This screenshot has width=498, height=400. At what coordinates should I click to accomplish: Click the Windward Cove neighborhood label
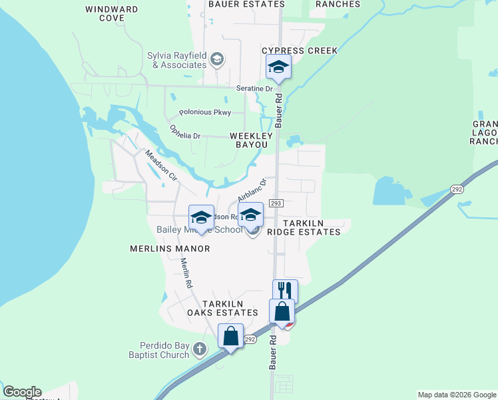click(x=112, y=14)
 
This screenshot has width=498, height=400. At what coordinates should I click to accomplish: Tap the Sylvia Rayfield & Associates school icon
click(x=216, y=60)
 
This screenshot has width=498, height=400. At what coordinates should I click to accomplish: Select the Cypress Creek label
click(x=300, y=51)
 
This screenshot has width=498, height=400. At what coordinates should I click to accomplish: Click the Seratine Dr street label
click(x=254, y=89)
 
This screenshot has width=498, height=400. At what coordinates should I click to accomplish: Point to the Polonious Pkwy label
click(x=204, y=113)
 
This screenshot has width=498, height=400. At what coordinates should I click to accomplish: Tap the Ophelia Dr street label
click(x=184, y=132)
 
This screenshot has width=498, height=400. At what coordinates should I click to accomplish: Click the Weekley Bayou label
click(x=248, y=140)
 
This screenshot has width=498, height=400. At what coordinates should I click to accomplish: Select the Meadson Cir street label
click(x=160, y=166)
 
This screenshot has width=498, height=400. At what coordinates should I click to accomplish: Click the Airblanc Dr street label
click(x=252, y=190)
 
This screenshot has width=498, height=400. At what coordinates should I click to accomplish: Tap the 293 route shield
click(x=277, y=203)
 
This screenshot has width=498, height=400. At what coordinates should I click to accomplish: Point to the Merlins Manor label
click(x=170, y=249)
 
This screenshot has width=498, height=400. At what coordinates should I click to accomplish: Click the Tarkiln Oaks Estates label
click(x=222, y=308)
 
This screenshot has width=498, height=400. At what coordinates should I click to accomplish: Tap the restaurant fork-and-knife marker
click(x=285, y=291)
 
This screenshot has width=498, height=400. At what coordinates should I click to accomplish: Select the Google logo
click(x=22, y=392)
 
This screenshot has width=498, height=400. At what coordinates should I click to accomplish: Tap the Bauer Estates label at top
click(x=246, y=4)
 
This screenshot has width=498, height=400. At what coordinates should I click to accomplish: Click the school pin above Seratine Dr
click(x=278, y=67)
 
